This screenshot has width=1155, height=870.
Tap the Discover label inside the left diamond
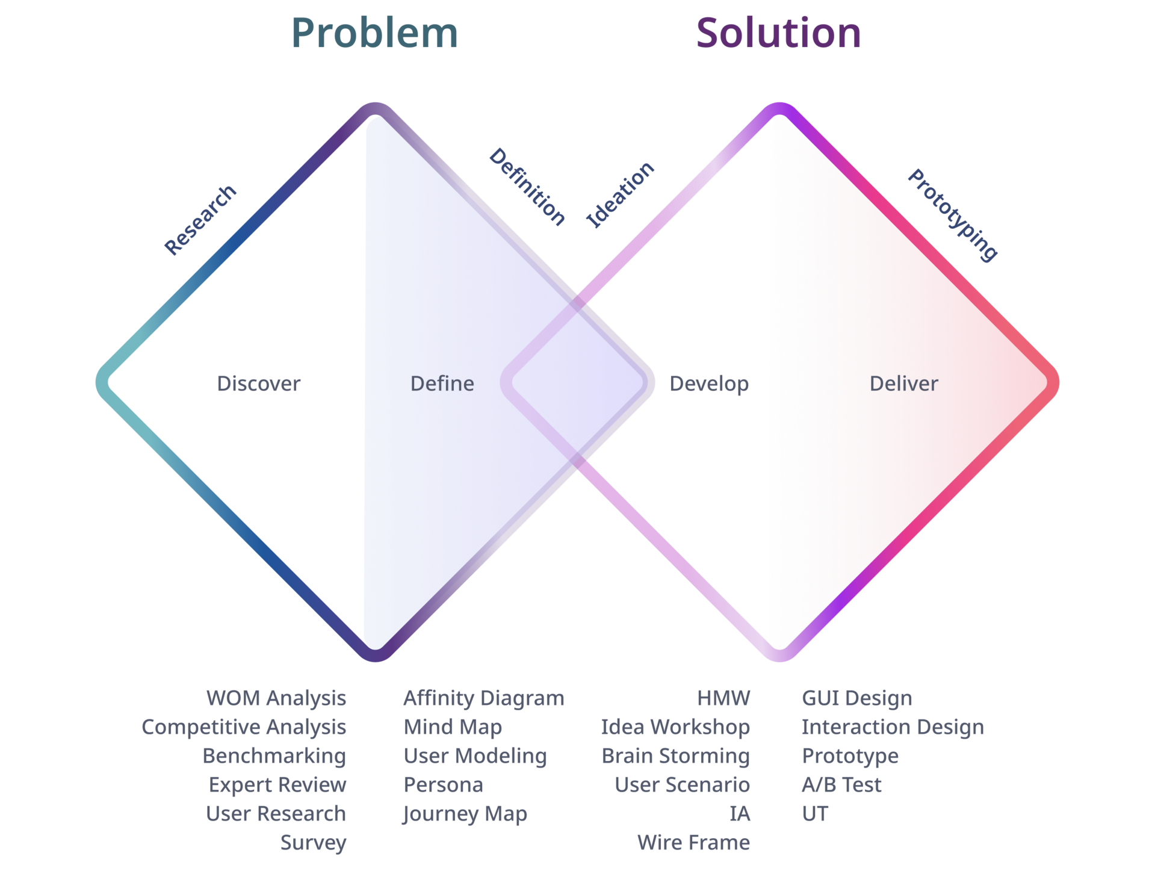pos(258,384)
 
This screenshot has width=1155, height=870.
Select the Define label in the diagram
pos(442,384)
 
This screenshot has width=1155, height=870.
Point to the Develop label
pos(709,384)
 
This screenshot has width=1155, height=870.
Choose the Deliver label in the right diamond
pos(903,384)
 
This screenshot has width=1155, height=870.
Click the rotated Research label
pos(200,220)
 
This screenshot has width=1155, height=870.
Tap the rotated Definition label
pos(527,187)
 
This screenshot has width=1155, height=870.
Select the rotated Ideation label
pos(620,194)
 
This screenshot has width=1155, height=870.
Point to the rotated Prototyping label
pos(953,215)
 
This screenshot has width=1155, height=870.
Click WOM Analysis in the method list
pos(276,698)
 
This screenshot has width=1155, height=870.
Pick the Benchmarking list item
pos(274,756)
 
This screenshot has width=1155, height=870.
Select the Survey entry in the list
pos(313,843)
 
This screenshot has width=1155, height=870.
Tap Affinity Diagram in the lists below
pos(484,698)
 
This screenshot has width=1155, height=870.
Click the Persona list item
pos(443,785)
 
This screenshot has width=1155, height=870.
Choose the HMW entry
pos(723,698)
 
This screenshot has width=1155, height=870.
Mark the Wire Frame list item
pos(693,843)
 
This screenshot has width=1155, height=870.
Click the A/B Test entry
pos(841,785)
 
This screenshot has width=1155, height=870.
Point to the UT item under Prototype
pos(815,814)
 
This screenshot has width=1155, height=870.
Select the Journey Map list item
pos(465,815)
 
